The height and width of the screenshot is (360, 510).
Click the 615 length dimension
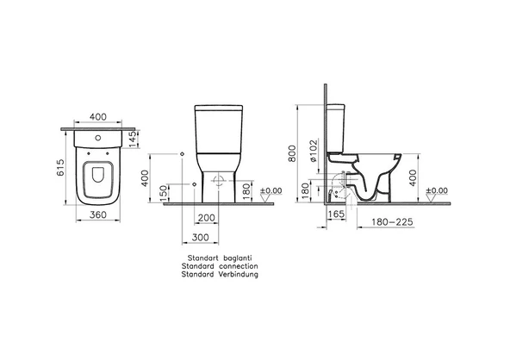tap(60, 167)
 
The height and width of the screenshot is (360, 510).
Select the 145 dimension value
tap(134, 139)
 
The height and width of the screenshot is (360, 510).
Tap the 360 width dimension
tap(98, 214)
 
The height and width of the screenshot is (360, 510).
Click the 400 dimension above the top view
tap(98, 116)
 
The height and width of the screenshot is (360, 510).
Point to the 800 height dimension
tap(292, 153)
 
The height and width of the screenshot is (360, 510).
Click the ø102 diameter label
tap(313, 151)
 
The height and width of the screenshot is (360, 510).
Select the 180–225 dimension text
tap(392, 222)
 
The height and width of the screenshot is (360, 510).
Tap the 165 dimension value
tap(336, 214)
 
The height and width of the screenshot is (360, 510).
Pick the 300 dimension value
tap(200, 238)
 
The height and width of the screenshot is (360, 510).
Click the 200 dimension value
tap(206, 218)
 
